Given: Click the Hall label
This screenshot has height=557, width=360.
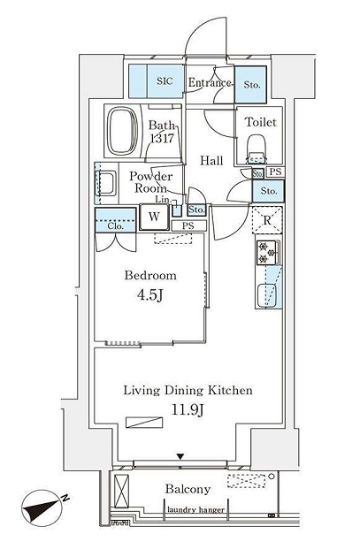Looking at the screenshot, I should pyautogui.click(x=211, y=160).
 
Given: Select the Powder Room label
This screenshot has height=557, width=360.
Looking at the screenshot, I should pyautogui.click(x=149, y=182).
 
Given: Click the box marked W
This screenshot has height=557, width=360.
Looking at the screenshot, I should pyautogui.click(x=154, y=216).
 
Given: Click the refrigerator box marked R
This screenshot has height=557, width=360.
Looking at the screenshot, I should pyautogui.click(x=267, y=221).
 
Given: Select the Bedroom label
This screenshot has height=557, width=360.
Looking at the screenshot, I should pyautogui.click(x=148, y=275).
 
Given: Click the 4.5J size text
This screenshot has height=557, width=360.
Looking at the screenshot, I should pyautogui.click(x=148, y=294).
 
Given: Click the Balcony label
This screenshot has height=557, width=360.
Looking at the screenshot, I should pyautogui.click(x=188, y=489).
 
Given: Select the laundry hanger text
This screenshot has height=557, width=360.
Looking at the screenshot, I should pyautogui.click(x=195, y=510).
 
